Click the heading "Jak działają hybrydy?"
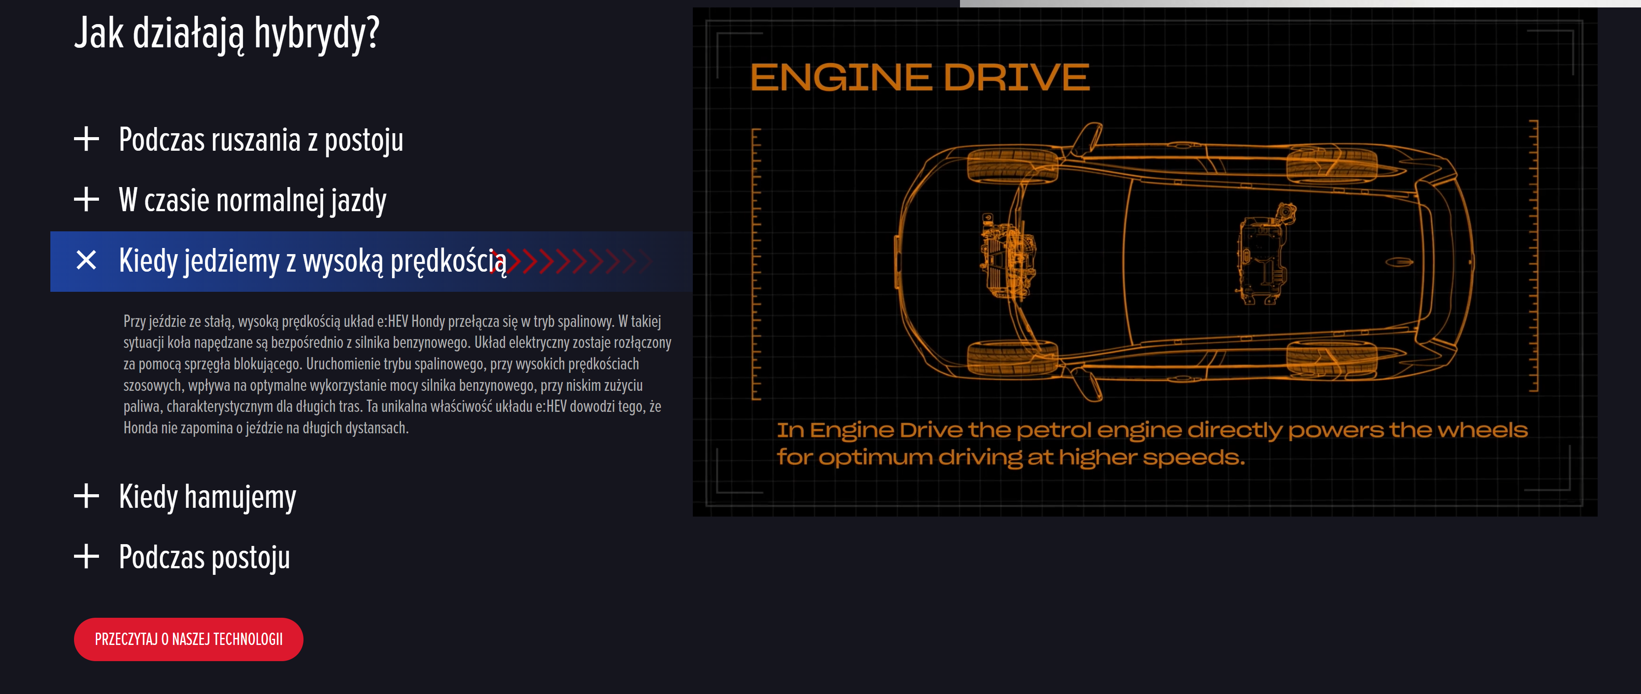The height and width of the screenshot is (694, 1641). point(227,33)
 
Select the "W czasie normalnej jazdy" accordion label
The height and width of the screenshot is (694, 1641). point(252,200)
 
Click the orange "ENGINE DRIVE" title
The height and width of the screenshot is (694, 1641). point(919,78)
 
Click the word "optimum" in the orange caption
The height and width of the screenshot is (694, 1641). point(875,457)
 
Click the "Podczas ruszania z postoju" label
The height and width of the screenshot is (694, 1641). point(261,140)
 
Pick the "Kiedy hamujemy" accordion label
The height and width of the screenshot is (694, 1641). point(207,497)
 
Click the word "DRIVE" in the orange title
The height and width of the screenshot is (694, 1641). point(1016,78)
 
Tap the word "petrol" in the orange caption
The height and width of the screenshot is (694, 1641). point(1053,430)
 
